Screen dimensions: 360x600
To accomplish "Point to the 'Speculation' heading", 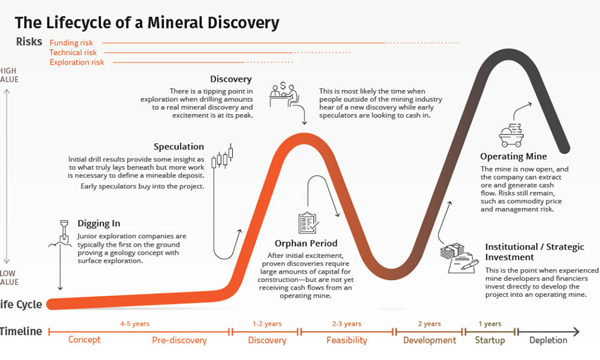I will click(181, 146).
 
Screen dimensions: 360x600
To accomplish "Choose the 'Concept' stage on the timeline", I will click(85, 340).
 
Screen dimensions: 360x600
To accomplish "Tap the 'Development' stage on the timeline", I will click(429, 340).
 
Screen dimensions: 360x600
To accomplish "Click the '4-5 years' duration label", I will click(133, 323).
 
